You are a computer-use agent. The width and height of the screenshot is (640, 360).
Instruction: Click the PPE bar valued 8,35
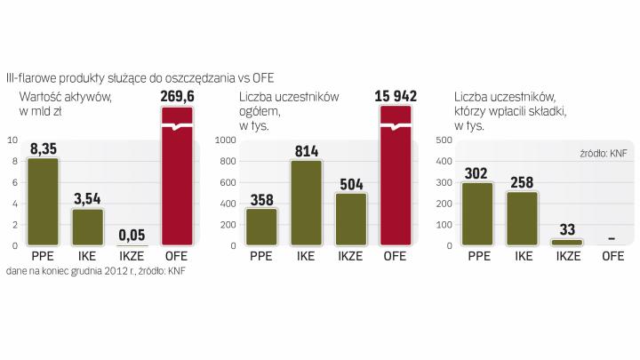point(43,202)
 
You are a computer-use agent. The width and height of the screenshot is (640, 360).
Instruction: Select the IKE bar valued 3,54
point(87,227)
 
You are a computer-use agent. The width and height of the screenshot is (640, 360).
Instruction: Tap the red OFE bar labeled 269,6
point(177,178)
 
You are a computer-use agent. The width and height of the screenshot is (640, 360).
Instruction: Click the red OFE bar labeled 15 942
point(396,178)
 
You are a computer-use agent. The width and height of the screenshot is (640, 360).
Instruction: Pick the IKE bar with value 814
point(307,203)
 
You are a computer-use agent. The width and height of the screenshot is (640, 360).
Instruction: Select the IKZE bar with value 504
point(351,219)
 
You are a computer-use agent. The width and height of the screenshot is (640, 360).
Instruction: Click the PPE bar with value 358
point(261,227)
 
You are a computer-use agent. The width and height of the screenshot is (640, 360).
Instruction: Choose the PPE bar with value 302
point(477,213)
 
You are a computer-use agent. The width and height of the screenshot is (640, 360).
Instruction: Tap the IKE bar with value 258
point(523,218)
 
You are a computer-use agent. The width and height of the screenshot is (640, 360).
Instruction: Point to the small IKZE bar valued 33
point(567,242)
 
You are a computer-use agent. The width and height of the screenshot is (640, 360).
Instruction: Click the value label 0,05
point(131,235)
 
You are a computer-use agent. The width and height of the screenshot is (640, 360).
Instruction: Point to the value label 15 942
point(396,96)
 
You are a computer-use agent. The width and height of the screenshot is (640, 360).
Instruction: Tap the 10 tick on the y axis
point(11,140)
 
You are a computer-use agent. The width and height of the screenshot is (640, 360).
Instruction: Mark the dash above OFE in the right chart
point(612,238)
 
